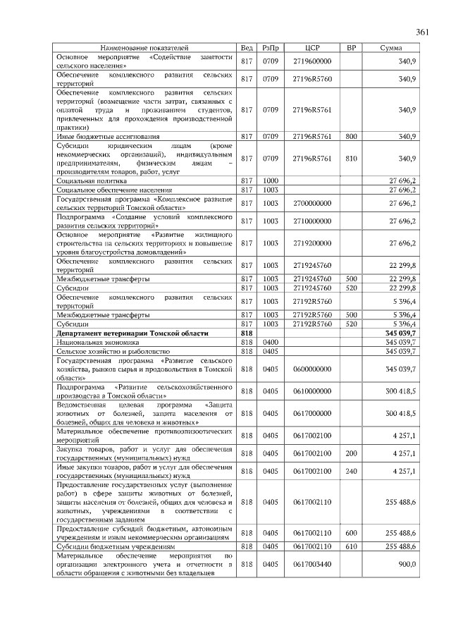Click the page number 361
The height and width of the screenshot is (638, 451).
(x=422, y=32)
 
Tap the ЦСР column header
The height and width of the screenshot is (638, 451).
(x=312, y=47)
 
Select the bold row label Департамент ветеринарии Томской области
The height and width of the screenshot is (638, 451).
(x=132, y=332)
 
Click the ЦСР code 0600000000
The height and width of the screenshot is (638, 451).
(x=312, y=368)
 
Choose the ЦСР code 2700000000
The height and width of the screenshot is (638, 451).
(x=312, y=203)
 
